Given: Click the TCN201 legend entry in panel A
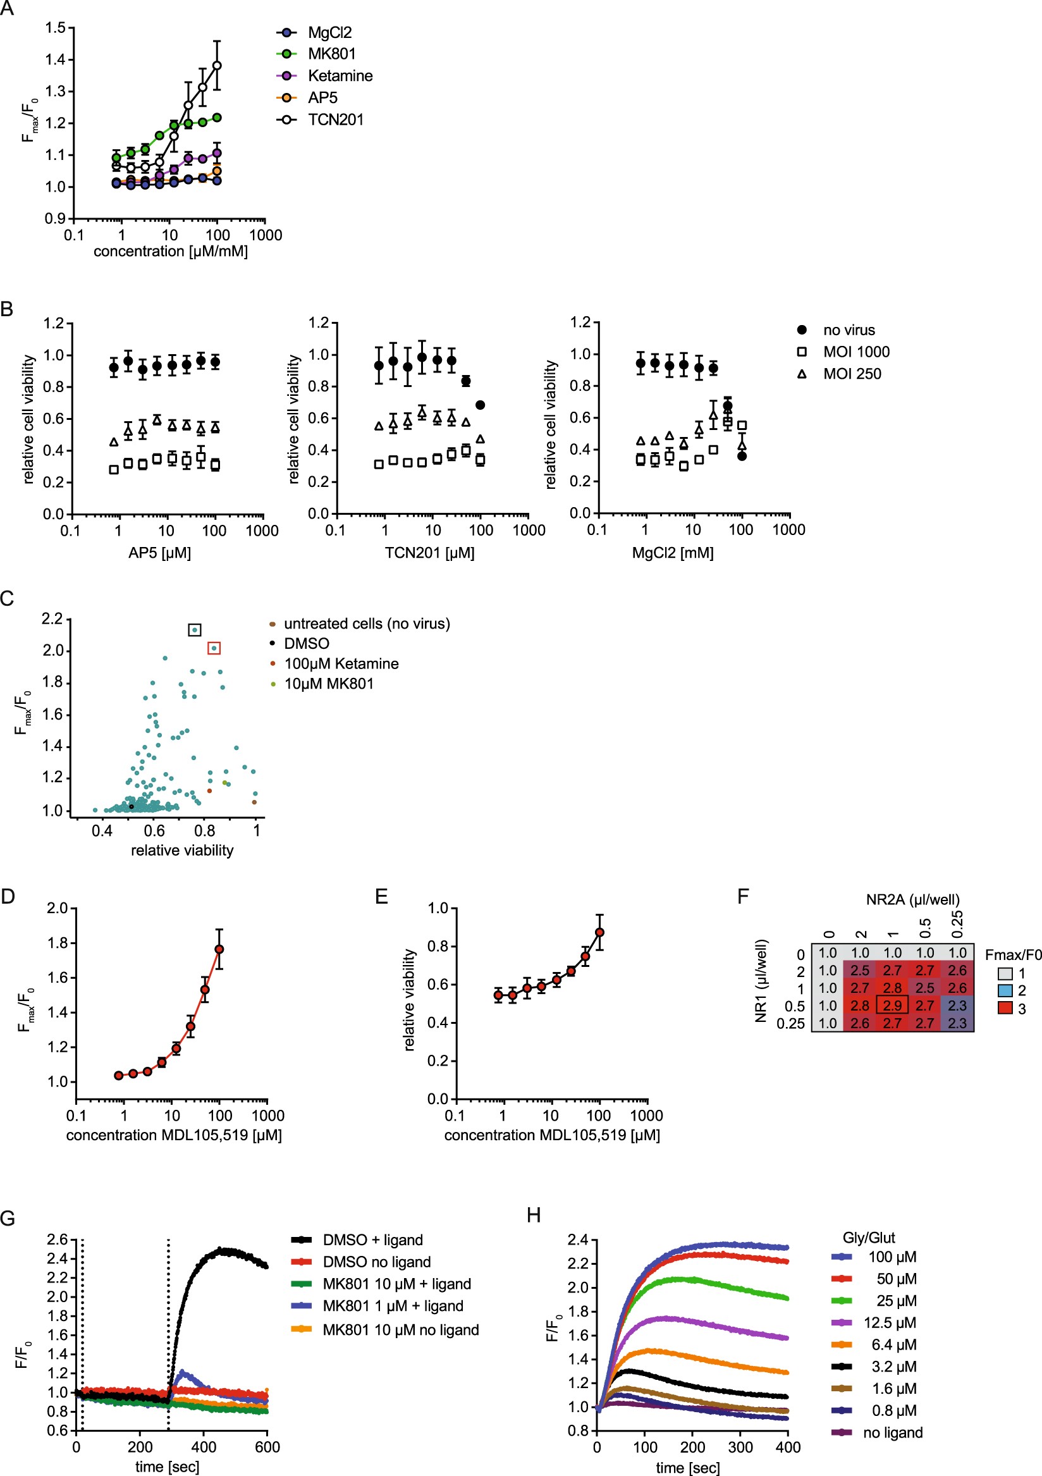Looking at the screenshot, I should click(335, 120).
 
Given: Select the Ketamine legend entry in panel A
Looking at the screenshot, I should click(340, 76).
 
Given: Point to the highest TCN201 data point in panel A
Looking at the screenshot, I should click(218, 66).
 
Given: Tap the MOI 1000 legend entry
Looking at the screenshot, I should click(855, 352).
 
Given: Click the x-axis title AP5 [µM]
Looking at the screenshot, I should click(159, 553).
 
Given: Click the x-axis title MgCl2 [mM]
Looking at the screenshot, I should click(672, 553).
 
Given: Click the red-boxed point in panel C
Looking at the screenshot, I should click(214, 648).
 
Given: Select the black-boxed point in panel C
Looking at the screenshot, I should click(195, 630).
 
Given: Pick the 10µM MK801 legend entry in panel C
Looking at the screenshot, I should click(329, 684).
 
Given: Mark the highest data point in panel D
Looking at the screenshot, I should click(219, 949).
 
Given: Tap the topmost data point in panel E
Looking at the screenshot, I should click(600, 932).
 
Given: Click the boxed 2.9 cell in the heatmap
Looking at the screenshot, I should click(892, 1005).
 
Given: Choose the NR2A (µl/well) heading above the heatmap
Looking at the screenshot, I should click(912, 899).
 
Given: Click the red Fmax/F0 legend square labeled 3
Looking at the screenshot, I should click(1005, 1008).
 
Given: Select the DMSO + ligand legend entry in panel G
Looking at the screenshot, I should click(372, 1240).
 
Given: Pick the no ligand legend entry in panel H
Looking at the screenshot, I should click(892, 1432).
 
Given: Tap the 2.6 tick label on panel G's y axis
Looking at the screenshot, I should click(57, 1239).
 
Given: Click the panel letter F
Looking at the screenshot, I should click(743, 896).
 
